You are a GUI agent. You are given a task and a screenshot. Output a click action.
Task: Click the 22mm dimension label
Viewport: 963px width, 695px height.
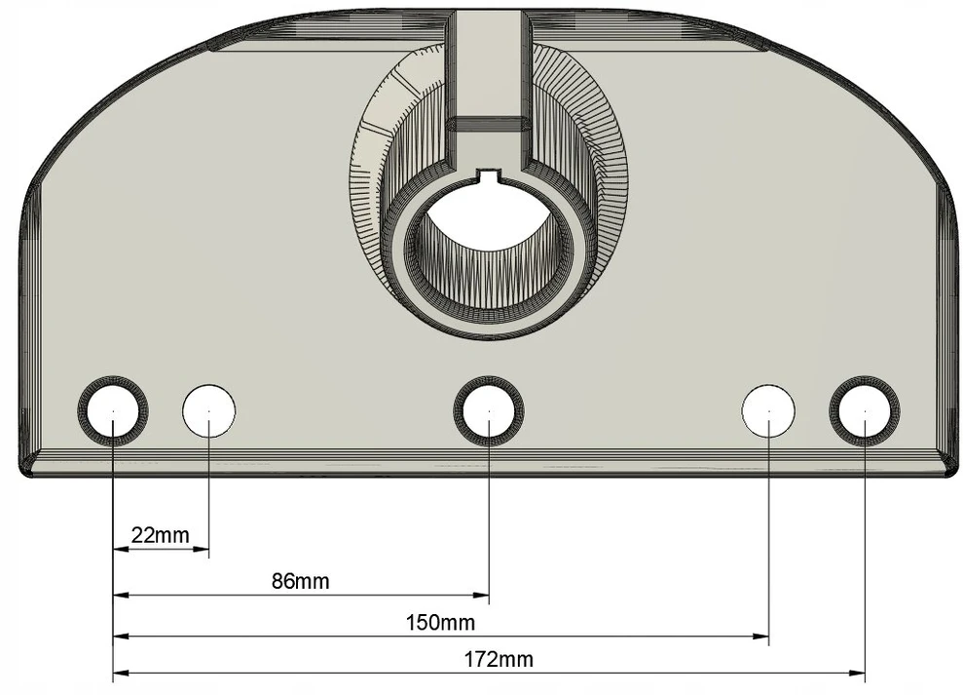click(x=161, y=535)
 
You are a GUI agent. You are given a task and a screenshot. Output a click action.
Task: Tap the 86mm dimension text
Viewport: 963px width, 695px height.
click(x=300, y=581)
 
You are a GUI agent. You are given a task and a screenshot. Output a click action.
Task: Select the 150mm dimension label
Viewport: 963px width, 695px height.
click(x=440, y=623)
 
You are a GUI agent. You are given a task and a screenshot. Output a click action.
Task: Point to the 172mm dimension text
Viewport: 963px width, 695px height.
click(x=499, y=660)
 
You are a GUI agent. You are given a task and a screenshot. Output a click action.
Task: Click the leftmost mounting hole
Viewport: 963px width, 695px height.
click(x=113, y=410)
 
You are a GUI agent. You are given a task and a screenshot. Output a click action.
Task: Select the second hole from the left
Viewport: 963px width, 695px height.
click(x=208, y=410)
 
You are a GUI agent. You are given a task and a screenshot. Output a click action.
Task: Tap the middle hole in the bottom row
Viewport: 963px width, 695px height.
click(x=489, y=410)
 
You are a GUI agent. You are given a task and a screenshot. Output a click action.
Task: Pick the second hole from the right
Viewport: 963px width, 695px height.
click(x=768, y=410)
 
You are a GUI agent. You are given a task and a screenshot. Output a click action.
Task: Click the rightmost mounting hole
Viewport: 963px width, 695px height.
click(x=865, y=410)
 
